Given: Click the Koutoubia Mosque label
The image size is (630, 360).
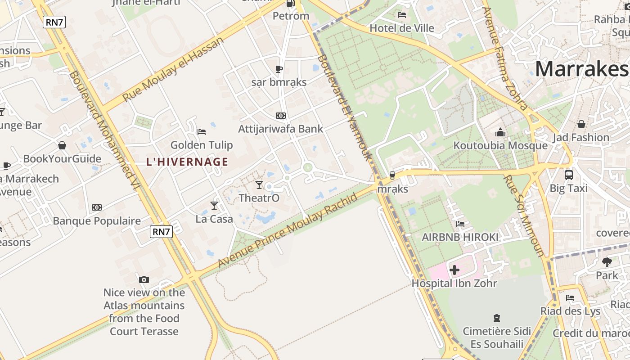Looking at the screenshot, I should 500,146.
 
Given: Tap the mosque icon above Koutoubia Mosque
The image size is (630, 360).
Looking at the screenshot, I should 500,132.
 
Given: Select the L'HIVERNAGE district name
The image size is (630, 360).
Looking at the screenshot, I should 187,162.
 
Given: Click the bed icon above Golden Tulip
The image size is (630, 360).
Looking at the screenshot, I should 202,131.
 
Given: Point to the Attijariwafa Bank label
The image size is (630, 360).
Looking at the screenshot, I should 280,129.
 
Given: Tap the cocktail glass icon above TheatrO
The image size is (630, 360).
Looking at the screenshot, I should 259,184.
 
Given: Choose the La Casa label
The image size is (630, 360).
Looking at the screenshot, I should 214,219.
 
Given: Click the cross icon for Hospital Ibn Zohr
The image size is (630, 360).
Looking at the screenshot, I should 454,270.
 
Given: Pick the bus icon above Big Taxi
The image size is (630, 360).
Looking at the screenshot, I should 569,175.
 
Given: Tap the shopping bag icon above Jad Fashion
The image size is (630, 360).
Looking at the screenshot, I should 581,124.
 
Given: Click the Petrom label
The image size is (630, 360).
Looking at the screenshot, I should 291,16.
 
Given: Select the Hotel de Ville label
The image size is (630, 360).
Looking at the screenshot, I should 402,28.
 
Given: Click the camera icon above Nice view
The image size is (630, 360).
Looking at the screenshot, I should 144,279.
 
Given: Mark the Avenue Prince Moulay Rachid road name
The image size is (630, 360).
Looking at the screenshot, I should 288,230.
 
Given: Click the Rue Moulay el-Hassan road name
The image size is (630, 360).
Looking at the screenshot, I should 173,69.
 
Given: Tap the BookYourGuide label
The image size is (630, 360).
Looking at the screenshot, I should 62,159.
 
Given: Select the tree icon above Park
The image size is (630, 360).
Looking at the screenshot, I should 607,261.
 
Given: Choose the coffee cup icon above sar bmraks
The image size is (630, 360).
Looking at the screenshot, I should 279,69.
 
